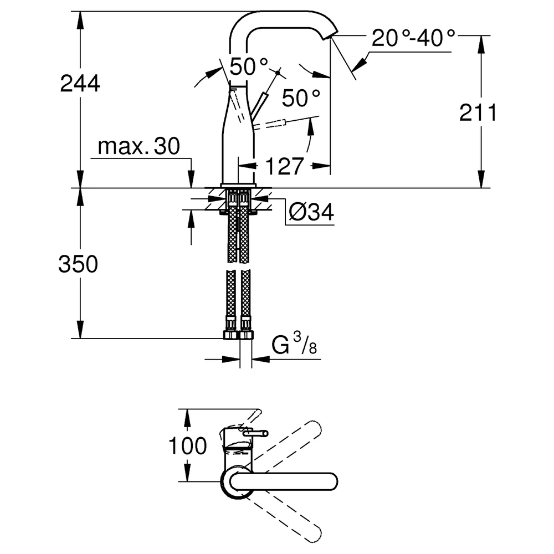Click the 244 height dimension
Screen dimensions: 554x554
point(80,84)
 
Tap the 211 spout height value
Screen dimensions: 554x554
point(478,112)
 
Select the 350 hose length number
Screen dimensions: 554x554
point(78,264)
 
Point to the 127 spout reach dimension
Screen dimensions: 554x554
point(284,166)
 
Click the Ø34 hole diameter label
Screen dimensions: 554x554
point(311,212)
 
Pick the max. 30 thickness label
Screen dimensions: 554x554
point(139,146)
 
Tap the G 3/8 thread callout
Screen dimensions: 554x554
point(294,344)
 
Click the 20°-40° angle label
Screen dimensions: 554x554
point(413,38)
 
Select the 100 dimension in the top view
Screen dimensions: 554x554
point(188,445)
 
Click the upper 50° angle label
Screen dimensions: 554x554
point(249,66)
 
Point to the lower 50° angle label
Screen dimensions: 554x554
point(301,98)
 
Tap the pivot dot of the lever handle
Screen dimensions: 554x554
point(278,73)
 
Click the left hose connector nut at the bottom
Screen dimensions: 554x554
point(230,335)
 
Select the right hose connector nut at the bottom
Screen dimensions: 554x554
point(247,335)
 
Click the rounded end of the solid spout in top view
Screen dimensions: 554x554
point(330,481)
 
